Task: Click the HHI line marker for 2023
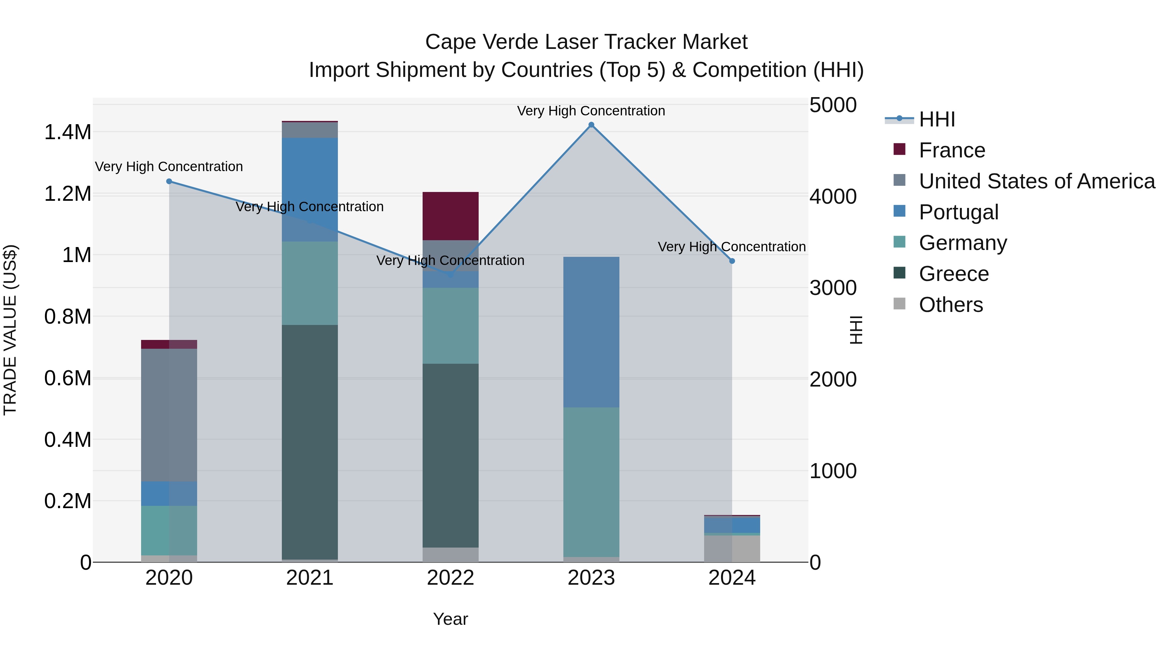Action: click(591, 125)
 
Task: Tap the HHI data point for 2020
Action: click(169, 181)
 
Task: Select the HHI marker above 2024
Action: click(732, 261)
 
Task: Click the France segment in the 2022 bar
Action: click(450, 216)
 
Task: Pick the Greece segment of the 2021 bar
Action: click(310, 442)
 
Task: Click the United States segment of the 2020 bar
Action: click(169, 415)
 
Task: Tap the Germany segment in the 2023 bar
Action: click(591, 482)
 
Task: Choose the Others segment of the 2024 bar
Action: click(732, 549)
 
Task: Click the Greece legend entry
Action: click(953, 274)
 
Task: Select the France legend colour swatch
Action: click(899, 149)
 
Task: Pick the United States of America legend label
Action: click(1037, 181)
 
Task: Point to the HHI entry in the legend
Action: click(937, 119)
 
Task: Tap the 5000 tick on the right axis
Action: click(833, 105)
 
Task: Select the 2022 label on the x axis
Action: click(450, 578)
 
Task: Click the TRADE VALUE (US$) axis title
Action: click(10, 330)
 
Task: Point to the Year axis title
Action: click(450, 619)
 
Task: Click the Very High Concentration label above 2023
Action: click(591, 111)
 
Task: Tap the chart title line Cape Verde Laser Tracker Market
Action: click(586, 42)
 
